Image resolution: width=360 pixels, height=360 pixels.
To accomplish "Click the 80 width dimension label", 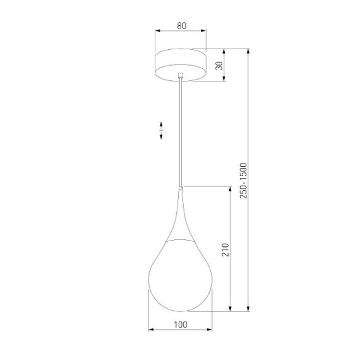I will coord(181,26).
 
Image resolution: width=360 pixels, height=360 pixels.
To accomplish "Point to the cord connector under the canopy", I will coord(181,76).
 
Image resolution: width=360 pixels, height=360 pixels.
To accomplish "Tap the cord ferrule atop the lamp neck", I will coord(181,187).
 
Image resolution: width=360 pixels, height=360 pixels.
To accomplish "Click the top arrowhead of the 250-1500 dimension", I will coord(249,51).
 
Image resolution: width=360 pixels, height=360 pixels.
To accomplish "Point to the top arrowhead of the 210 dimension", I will coord(231,188).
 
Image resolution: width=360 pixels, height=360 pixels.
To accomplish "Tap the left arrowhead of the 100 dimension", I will coord(150,329).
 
